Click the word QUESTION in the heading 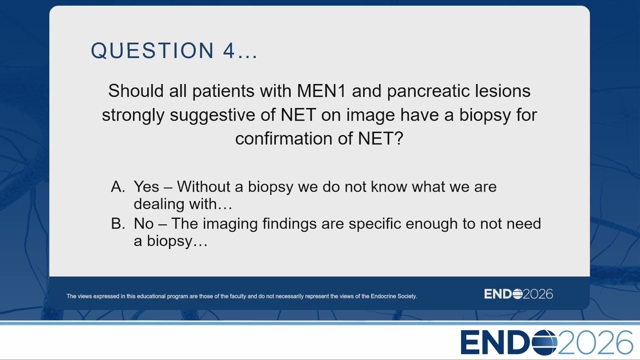[152, 50]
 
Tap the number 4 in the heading [229, 50]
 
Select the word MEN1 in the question [321, 91]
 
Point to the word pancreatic [428, 91]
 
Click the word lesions [503, 91]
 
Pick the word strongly [133, 115]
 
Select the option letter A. [118, 187]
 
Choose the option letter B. [118, 223]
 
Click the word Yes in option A [146, 187]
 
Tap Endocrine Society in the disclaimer [393, 296]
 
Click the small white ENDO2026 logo [518, 294]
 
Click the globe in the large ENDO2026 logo [544, 342]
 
